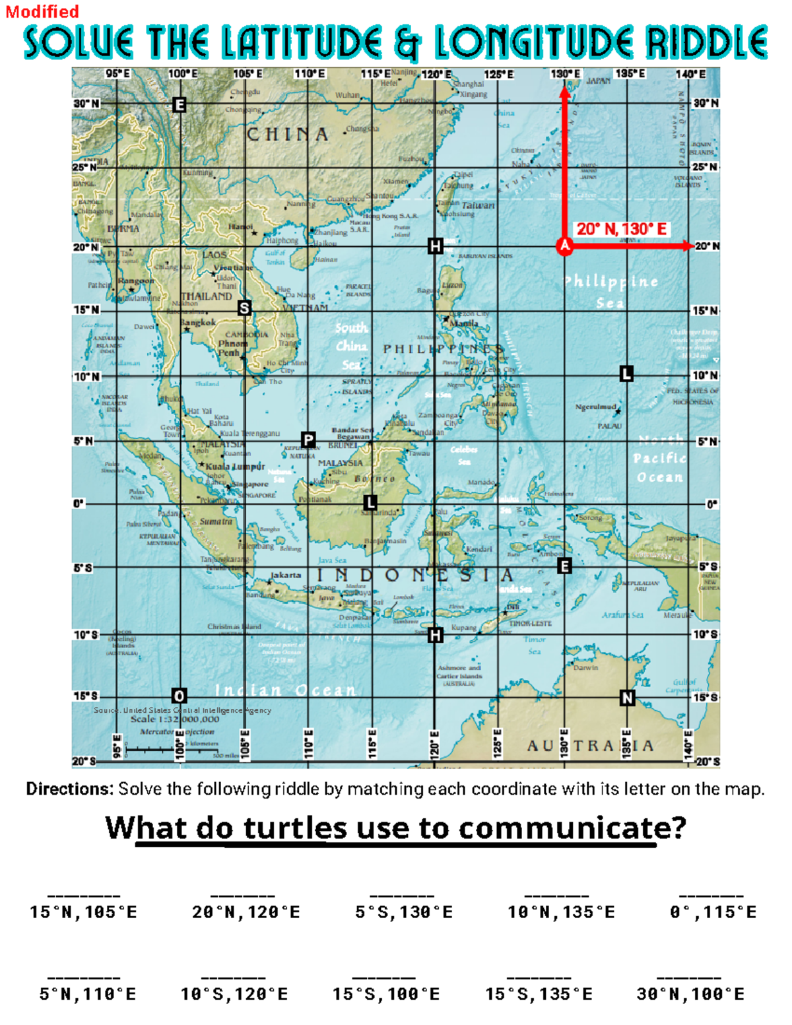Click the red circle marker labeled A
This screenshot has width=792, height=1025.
[564, 246]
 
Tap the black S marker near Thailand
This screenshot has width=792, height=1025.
[245, 308]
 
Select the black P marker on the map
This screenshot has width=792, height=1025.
[308, 440]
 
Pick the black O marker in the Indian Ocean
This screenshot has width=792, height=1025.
[179, 696]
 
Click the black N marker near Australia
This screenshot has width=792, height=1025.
[627, 698]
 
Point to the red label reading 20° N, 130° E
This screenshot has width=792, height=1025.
[621, 229]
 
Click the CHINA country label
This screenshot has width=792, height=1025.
[288, 135]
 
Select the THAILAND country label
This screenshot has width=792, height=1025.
[207, 296]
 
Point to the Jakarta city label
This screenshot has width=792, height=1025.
[286, 575]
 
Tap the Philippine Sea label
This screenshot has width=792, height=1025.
[610, 291]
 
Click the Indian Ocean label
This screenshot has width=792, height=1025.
[285, 690]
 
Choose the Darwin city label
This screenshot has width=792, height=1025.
[585, 667]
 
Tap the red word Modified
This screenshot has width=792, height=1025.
[42, 11]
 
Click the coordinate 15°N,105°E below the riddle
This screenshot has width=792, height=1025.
[83, 912]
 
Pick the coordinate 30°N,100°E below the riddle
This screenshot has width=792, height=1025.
[690, 994]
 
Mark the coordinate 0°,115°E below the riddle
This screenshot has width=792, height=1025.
[713, 912]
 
